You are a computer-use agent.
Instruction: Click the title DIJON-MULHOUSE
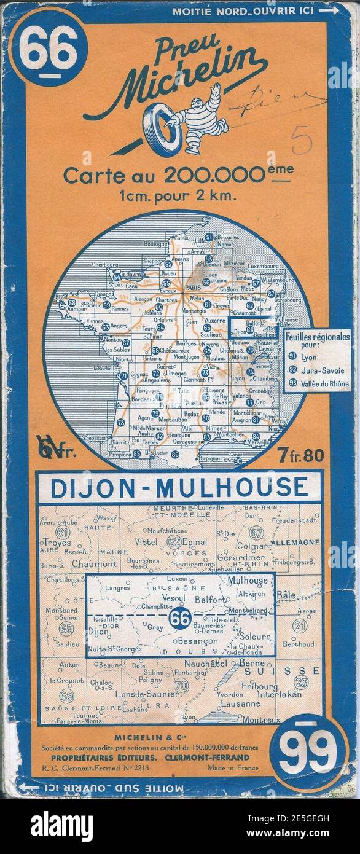coord(179,487)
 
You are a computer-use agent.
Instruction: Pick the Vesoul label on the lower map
coord(174,596)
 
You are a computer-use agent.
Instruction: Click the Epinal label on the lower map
coord(197,542)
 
